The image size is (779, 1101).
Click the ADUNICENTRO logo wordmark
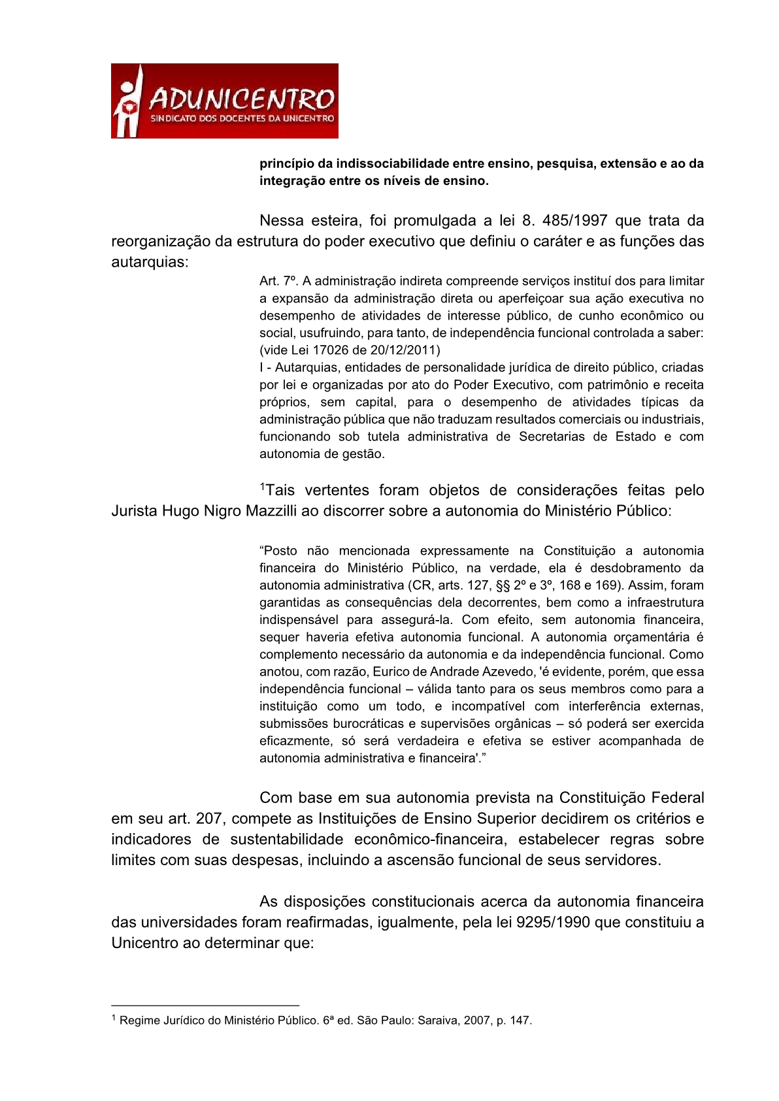242,99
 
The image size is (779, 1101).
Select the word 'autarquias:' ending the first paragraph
150,262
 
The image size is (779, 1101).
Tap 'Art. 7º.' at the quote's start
279,282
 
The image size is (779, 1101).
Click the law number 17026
328,350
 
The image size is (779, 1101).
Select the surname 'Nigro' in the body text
223,511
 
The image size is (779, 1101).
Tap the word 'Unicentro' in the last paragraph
144,944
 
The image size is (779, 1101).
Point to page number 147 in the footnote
520,1021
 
